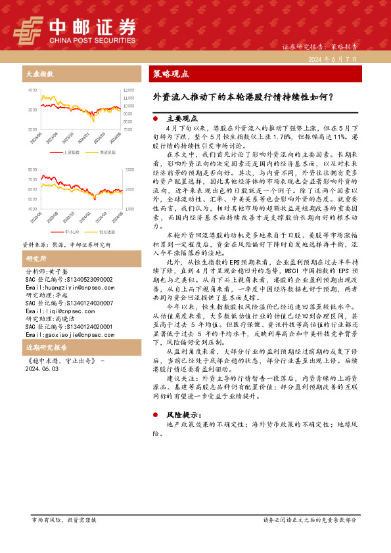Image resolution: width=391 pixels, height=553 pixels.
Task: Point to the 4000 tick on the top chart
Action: click(x=33, y=89)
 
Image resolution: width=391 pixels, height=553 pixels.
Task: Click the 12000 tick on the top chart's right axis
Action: click(x=129, y=89)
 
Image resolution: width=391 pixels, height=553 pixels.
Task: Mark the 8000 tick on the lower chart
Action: click(x=33, y=169)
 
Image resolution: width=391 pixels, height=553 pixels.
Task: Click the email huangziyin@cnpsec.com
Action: click(x=63, y=288)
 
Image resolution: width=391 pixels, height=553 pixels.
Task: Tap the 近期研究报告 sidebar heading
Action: click(x=45, y=347)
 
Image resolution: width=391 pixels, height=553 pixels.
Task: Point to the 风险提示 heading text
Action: click(x=185, y=416)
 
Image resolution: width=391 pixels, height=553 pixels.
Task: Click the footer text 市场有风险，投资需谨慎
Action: click(x=64, y=519)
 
